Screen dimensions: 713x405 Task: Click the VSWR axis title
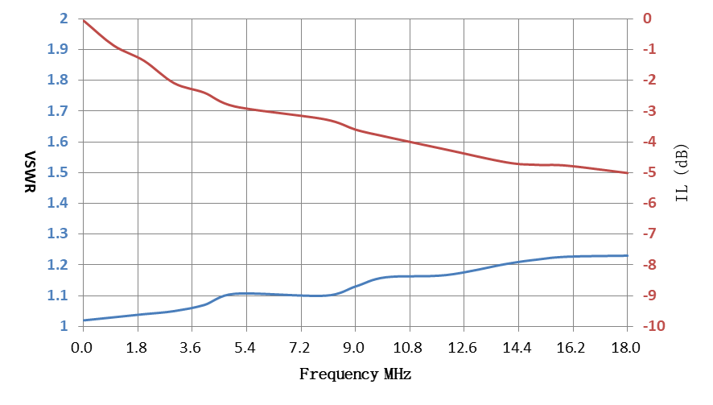pyautogui.click(x=30, y=172)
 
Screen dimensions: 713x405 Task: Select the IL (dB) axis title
pyautogui.click(x=682, y=173)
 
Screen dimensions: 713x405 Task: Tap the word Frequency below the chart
pyautogui.click(x=339, y=374)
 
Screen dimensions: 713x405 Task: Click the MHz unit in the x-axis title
pyautogui.click(x=398, y=374)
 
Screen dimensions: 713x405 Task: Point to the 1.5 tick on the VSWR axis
pyautogui.click(x=58, y=172)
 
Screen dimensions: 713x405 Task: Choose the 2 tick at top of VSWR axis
pyautogui.click(x=64, y=19)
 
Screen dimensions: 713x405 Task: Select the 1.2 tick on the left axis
pyautogui.click(x=58, y=265)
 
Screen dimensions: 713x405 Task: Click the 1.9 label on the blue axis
pyautogui.click(x=58, y=49)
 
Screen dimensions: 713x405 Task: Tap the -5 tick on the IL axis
pyautogui.click(x=649, y=172)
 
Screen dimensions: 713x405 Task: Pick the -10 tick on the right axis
pyautogui.click(x=653, y=326)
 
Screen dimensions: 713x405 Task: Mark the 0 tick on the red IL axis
pyautogui.click(x=647, y=19)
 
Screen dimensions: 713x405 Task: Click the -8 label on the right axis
pyautogui.click(x=649, y=265)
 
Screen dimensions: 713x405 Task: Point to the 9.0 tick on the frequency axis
pyautogui.click(x=354, y=348)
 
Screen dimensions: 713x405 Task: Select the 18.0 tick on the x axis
pyautogui.click(x=626, y=348)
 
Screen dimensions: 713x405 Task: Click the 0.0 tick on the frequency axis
pyautogui.click(x=82, y=348)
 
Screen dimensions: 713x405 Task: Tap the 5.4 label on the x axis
pyautogui.click(x=245, y=348)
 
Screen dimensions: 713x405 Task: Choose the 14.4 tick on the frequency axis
pyautogui.click(x=517, y=348)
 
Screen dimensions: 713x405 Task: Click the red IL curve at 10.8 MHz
pyautogui.click(x=410, y=142)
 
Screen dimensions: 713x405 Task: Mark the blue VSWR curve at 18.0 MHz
pyautogui.click(x=628, y=256)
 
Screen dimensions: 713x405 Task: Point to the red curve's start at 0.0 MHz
pyautogui.click(x=83, y=20)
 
